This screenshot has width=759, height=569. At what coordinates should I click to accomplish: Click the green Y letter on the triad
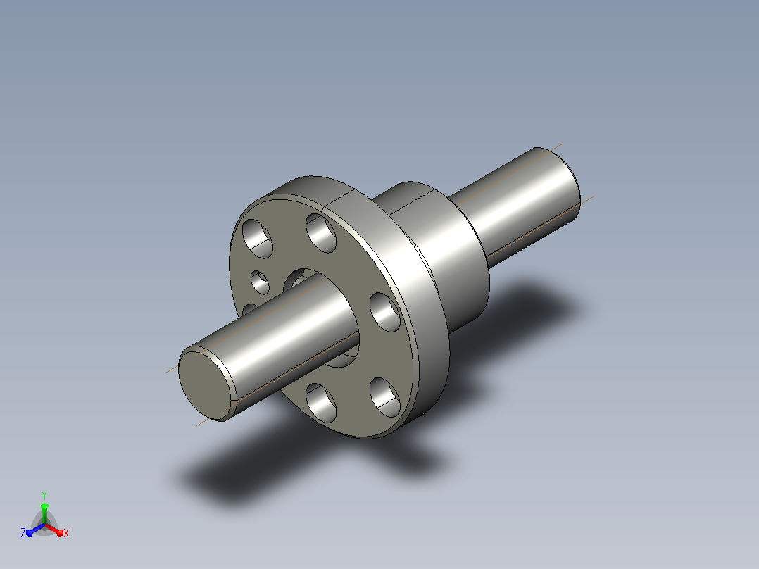(44, 495)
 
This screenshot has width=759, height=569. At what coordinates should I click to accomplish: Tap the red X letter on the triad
(66, 533)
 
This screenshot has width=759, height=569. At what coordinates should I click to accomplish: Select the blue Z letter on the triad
(23, 533)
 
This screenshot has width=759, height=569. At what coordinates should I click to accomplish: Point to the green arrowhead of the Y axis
(44, 506)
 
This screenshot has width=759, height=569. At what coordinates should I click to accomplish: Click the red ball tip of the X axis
(61, 534)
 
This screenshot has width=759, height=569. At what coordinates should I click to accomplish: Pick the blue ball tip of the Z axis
(29, 534)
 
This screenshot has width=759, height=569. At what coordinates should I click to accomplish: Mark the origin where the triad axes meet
(44, 524)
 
